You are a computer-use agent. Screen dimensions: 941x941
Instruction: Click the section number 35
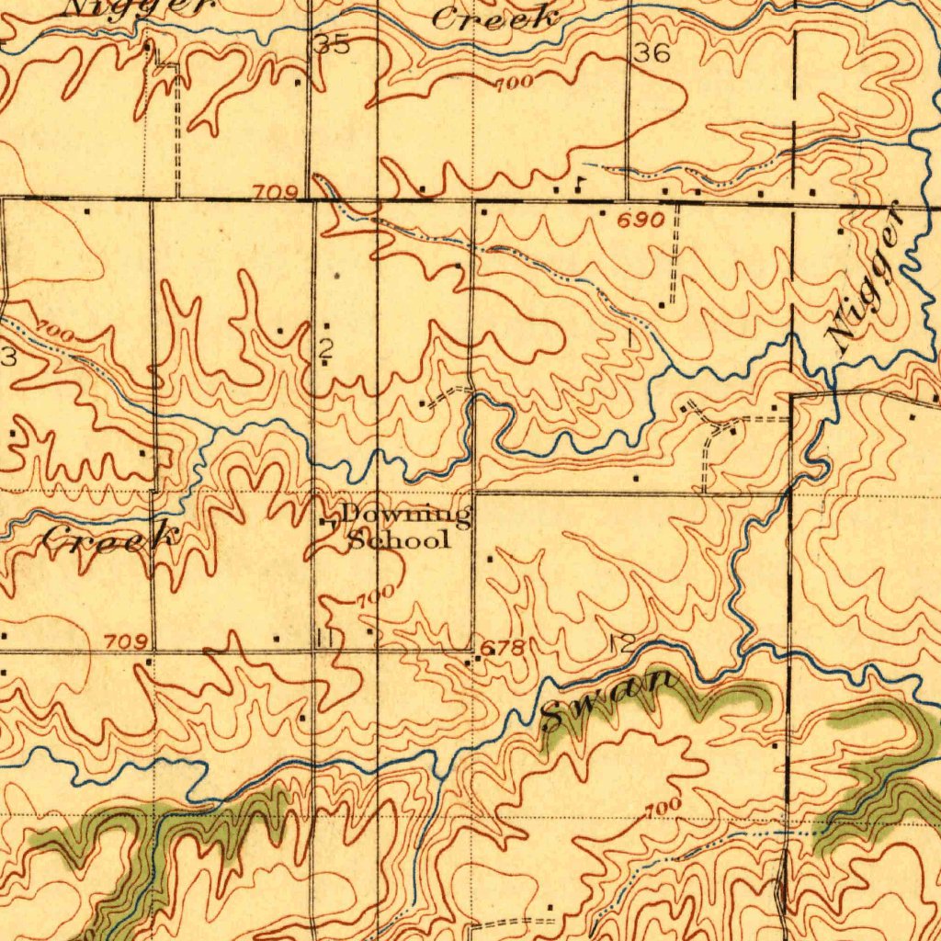(x=334, y=44)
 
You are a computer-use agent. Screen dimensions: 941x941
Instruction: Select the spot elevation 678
(x=504, y=649)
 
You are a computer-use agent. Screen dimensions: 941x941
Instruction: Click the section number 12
(x=621, y=643)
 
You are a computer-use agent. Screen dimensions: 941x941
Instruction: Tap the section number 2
(x=325, y=348)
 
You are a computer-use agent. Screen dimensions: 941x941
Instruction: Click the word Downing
(x=406, y=516)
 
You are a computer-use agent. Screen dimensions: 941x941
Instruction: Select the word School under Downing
(x=399, y=539)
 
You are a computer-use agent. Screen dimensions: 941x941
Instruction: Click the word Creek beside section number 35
(x=497, y=18)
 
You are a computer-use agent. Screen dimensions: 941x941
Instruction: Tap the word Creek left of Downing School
(x=108, y=537)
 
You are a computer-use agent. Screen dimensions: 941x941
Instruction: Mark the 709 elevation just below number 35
(x=277, y=192)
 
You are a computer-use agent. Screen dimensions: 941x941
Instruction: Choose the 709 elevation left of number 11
(x=122, y=641)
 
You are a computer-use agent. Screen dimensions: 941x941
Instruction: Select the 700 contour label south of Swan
(x=663, y=809)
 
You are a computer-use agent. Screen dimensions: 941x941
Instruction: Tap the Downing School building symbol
(x=325, y=523)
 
